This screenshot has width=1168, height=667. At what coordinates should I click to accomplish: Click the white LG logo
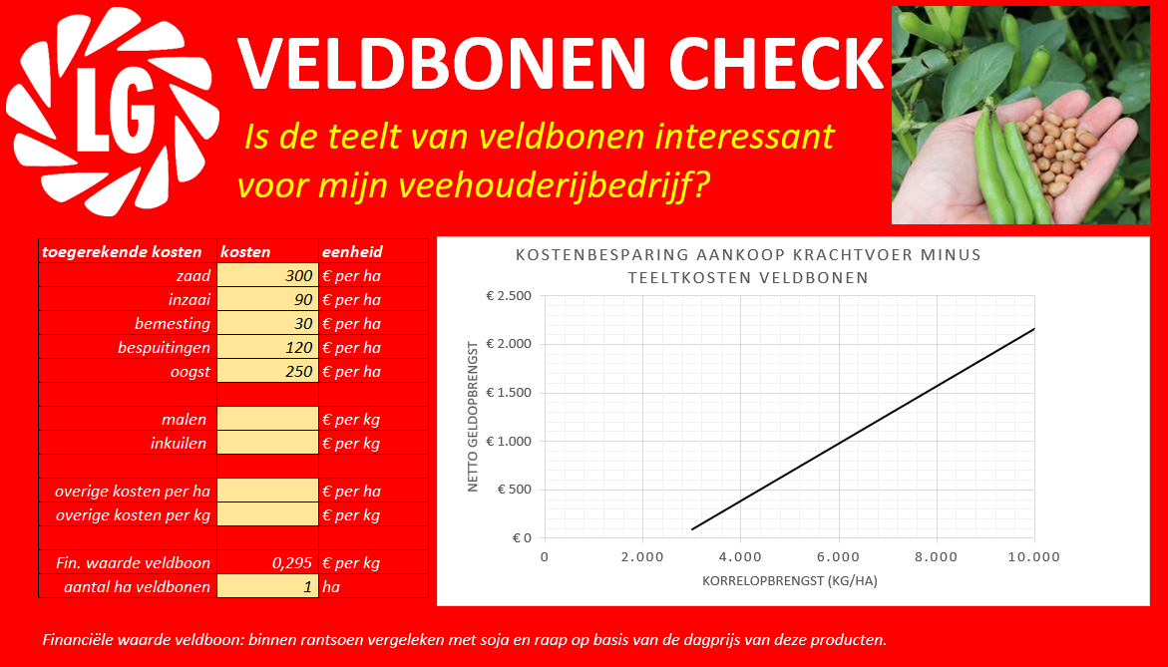(x=112, y=112)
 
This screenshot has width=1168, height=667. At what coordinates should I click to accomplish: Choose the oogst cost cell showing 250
(x=268, y=372)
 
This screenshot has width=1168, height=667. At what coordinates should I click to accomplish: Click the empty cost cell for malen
(x=268, y=419)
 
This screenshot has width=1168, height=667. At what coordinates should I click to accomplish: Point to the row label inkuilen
(x=178, y=444)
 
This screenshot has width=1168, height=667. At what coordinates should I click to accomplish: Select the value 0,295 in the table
(x=292, y=562)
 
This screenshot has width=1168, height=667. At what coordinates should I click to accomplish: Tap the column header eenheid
(x=352, y=251)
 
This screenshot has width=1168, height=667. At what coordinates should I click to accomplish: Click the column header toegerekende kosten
(x=122, y=251)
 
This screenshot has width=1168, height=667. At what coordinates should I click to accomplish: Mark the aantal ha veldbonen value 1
(x=307, y=586)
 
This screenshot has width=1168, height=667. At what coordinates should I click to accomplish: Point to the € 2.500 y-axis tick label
(x=509, y=296)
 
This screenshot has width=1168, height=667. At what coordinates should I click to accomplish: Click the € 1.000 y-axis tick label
(x=509, y=442)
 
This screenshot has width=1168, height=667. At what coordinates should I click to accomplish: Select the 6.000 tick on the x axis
(x=839, y=556)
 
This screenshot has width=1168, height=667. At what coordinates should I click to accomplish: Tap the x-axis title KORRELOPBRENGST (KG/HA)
(x=790, y=580)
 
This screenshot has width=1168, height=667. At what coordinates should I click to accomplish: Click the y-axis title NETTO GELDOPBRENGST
(x=472, y=416)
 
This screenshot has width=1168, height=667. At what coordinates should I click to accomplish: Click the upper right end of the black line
(x=1034, y=328)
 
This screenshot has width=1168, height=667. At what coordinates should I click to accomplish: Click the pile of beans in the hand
(x=1056, y=149)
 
